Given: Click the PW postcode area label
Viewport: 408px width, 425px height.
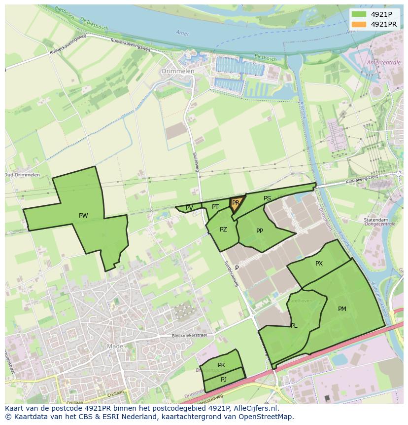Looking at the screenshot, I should (x=83, y=216).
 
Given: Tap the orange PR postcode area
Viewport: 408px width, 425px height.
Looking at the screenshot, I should (x=236, y=203).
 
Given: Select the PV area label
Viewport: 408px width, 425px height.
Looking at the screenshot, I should (x=189, y=208).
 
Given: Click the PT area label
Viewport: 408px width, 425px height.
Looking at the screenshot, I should (x=215, y=207).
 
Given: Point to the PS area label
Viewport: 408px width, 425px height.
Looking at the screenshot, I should (x=267, y=198).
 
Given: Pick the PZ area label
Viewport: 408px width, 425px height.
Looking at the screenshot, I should (x=223, y=230).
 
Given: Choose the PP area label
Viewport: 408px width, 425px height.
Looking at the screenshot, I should (x=260, y=231).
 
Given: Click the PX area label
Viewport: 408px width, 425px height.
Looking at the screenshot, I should (x=319, y=264).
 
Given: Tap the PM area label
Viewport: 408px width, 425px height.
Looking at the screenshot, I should (x=342, y=309).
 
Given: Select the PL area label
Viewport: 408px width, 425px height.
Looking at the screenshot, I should (x=294, y=326).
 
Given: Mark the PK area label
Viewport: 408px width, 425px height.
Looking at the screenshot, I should (x=221, y=365).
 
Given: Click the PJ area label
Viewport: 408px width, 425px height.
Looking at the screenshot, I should (x=223, y=379).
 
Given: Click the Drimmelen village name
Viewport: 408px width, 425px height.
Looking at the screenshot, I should (x=178, y=71).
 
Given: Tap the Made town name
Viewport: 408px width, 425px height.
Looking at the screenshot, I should (x=115, y=347).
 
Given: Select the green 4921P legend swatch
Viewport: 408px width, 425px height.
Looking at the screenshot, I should (x=359, y=14).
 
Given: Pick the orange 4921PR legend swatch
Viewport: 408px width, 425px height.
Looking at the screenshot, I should (x=359, y=24).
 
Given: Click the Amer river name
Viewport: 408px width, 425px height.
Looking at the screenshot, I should (x=182, y=33).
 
